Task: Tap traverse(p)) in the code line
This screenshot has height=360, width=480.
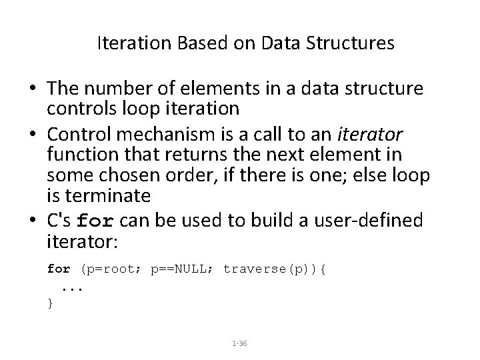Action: [271, 269]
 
